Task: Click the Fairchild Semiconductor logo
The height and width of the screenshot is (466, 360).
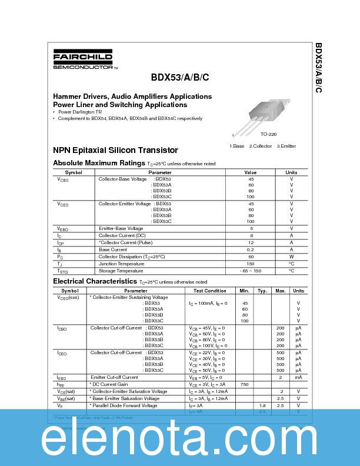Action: [x=84, y=61]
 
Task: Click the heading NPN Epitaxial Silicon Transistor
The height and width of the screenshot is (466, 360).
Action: [x=115, y=150]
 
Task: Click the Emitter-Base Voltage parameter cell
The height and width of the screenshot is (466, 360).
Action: [x=121, y=228]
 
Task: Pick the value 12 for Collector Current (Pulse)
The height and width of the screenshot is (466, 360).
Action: [x=251, y=242]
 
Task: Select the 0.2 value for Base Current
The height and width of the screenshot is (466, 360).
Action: [x=251, y=249]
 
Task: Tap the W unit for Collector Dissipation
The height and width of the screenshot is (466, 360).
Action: [x=291, y=257]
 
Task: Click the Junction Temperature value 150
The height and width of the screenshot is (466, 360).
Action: [x=251, y=264]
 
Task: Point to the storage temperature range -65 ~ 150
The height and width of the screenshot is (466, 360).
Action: [x=251, y=271]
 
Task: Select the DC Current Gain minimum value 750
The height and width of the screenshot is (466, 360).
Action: [x=244, y=384]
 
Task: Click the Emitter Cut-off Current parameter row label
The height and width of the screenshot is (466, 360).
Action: [x=114, y=377]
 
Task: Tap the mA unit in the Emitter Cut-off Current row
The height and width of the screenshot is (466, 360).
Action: [x=298, y=377]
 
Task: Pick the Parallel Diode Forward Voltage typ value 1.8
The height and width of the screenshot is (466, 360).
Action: [x=262, y=405]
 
